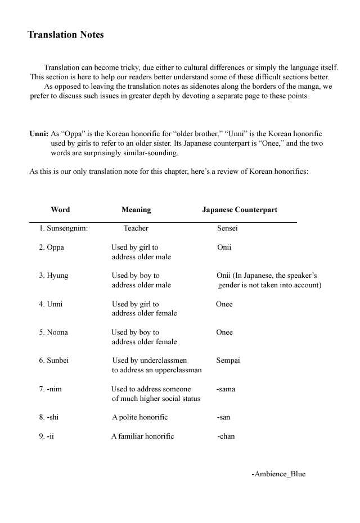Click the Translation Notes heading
pos(66,35)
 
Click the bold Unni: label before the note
pos(39,134)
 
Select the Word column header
pos(60,210)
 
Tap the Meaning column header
pos(136,210)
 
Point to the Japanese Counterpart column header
pos(240,210)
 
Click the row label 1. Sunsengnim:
pos(64,228)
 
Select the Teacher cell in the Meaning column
pos(136,228)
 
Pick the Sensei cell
pos(227,228)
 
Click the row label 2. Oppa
pos(51,247)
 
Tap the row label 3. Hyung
pos(53,276)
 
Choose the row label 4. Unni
pos(51,304)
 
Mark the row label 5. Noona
pos(53,332)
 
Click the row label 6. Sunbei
pos(54,360)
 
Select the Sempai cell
pos(228,360)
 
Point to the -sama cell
pos(226,389)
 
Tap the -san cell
pos(223,417)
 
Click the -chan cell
pos(226,436)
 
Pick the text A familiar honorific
pos(143,436)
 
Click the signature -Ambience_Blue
pos(278,474)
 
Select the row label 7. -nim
pos(50,389)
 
